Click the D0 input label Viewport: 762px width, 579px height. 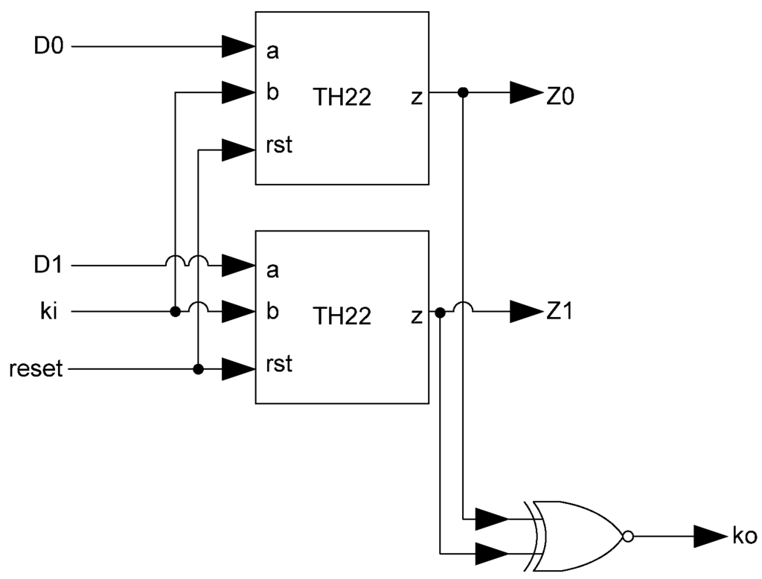pyautogui.click(x=50, y=46)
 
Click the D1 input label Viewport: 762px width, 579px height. pyautogui.click(x=50, y=265)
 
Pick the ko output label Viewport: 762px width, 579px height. pyautogui.click(x=743, y=535)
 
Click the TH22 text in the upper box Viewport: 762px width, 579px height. pyautogui.click(x=342, y=97)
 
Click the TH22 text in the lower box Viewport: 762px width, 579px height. pyautogui.click(x=342, y=316)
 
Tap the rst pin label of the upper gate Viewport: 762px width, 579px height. pyautogui.click(x=279, y=146)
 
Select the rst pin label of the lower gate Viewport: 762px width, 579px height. pyautogui.click(x=279, y=365)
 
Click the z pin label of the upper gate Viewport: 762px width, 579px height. pyautogui.click(x=415, y=97)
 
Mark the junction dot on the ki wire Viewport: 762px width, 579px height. pyautogui.click(x=175, y=311)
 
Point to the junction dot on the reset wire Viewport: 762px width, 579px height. pyautogui.click(x=198, y=368)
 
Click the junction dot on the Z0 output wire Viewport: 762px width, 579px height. pyautogui.click(x=463, y=93)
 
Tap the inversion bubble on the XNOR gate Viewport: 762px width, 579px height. pyautogui.click(x=628, y=535)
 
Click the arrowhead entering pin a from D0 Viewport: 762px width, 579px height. pyautogui.click(x=238, y=47)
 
